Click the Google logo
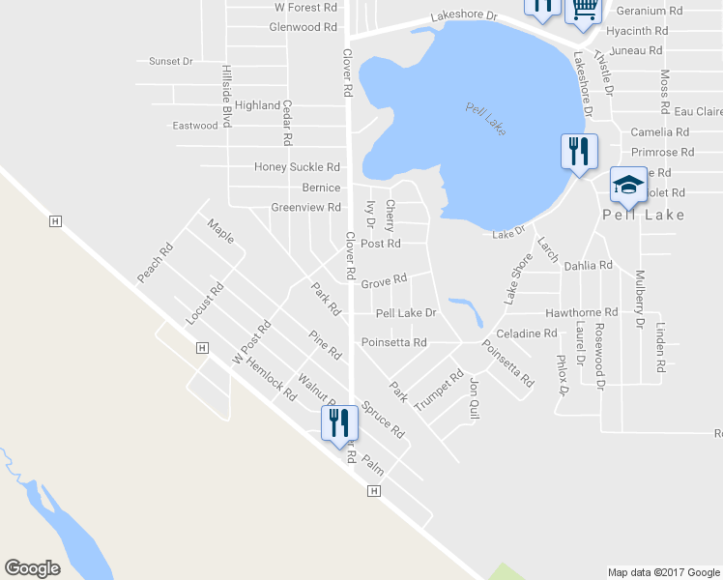32,568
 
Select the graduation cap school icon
628,185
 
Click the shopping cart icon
583,9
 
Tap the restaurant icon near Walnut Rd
339,423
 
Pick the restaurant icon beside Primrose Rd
579,151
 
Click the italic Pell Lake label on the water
485,118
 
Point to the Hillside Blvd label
227,97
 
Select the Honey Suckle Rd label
298,167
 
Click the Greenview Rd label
305,207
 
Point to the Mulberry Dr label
639,300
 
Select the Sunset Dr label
171,61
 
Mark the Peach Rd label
155,262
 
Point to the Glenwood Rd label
303,27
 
